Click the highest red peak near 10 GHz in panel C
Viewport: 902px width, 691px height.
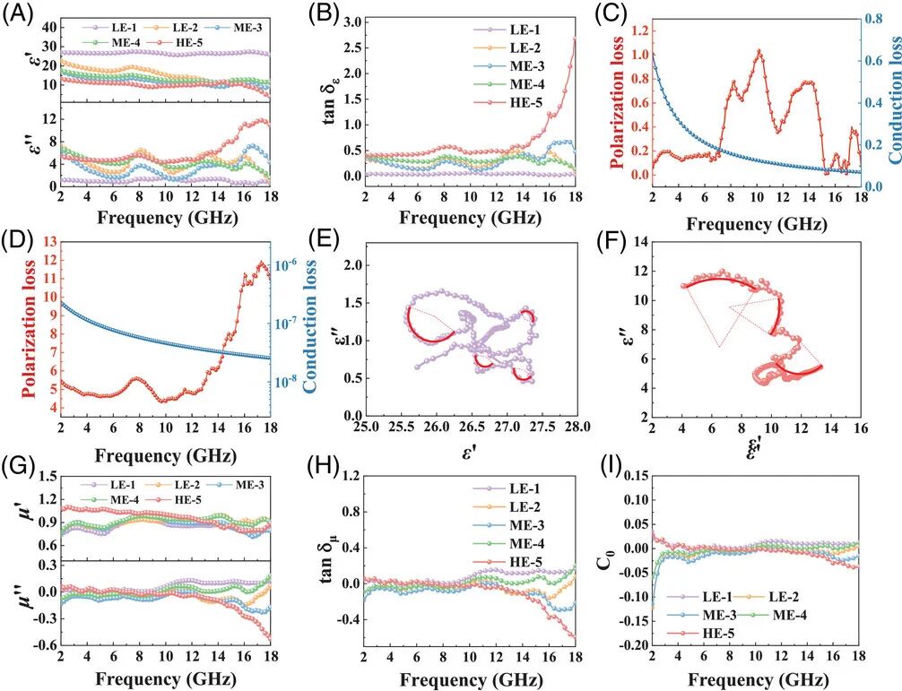tap(759, 51)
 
